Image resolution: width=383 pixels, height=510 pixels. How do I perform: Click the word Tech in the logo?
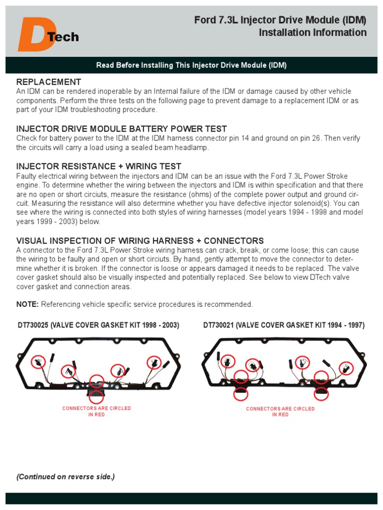tap(63, 37)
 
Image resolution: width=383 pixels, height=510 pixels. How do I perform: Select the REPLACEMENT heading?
tap(48, 82)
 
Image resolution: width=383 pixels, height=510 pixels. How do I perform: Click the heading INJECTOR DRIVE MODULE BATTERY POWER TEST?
tap(122, 128)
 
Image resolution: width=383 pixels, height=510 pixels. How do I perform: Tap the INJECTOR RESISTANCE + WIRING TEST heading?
tap(99, 166)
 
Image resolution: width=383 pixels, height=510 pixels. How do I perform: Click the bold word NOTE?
tap(27, 304)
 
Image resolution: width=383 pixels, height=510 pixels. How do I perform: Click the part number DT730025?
tap(33, 325)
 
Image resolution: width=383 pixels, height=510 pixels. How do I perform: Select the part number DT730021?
tap(218, 325)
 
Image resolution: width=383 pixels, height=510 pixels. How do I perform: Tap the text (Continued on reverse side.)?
tap(65, 477)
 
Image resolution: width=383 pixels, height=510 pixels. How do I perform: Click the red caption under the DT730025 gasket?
tap(96, 411)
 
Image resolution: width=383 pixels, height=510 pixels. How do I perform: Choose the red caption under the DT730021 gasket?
tap(280, 411)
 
